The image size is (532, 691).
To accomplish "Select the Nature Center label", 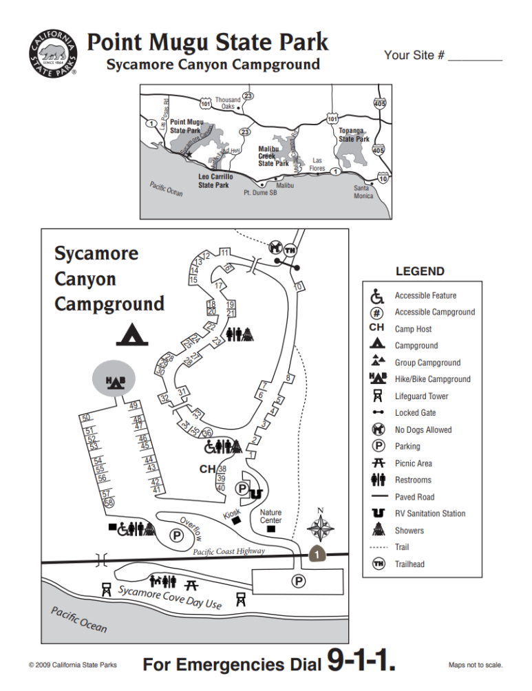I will coord(270,517).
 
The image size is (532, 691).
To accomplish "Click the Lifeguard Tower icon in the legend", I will coord(377,396).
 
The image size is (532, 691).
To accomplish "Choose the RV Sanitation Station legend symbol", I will coord(377,513).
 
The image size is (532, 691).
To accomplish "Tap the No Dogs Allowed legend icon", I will coord(377,429).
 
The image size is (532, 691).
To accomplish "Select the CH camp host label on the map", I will coord(207,469).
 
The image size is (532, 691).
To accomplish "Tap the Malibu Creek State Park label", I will coord(273,156).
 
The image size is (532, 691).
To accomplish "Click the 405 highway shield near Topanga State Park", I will coord(378,149).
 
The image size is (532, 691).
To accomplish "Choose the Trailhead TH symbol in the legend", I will coord(377,564).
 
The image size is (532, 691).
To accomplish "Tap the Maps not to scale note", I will coord(476,665).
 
